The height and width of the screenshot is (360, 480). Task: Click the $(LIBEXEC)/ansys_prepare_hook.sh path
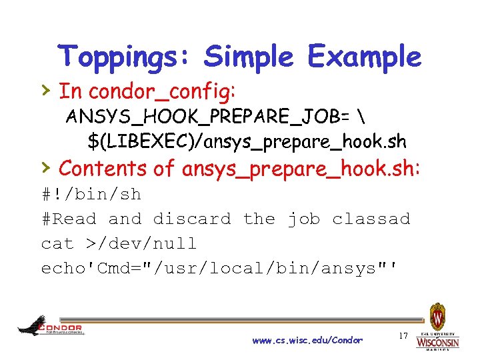coord(247,141)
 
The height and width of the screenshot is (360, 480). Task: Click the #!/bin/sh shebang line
coord(91,194)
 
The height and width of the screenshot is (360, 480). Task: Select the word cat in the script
coord(57,243)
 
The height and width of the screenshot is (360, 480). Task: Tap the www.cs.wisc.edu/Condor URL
coord(307,341)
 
